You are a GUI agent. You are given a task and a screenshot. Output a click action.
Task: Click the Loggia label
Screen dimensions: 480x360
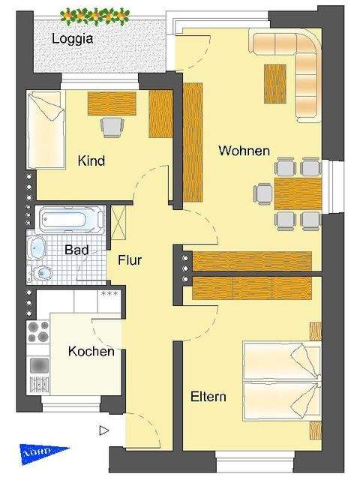coord(72,40)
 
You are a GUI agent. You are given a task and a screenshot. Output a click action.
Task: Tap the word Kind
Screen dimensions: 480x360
coord(91,160)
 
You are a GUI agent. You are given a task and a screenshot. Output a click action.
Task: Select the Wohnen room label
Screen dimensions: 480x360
coord(244,151)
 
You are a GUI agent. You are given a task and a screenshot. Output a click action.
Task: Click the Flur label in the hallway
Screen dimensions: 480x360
coord(130,260)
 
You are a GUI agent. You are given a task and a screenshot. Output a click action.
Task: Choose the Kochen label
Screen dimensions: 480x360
coord(91,351)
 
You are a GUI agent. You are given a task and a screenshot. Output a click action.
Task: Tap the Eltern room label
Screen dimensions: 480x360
coord(208,397)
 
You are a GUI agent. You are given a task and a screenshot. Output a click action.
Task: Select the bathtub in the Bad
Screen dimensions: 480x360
coord(70,220)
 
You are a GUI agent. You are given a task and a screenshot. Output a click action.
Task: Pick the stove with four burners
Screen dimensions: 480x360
coord(37,333)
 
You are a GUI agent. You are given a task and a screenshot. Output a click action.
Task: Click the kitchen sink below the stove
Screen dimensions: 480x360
coord(37,366)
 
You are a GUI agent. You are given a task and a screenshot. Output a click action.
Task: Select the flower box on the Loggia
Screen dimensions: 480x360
coord(94,14)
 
